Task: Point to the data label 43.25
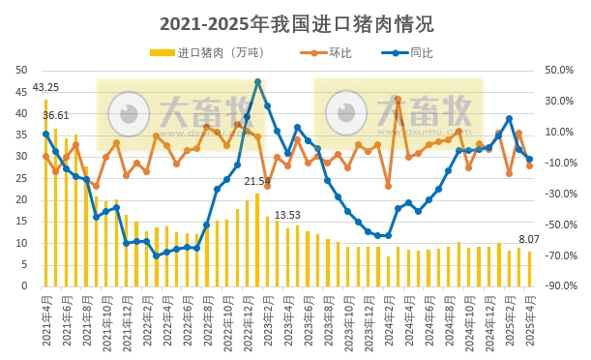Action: coord(45,88)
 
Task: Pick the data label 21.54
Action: coord(257,181)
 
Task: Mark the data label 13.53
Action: coord(287,215)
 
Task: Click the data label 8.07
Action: coord(529,239)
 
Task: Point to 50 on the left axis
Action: coord(21,70)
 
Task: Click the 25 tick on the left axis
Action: coord(21,178)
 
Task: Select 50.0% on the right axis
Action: coord(560,70)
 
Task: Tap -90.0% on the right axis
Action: coord(558,286)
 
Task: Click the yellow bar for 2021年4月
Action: coord(45,193)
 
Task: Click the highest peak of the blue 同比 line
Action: coord(257,82)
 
